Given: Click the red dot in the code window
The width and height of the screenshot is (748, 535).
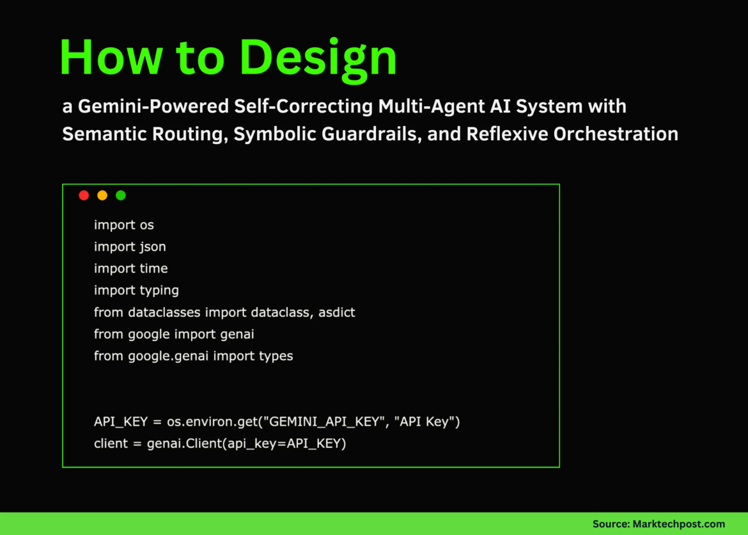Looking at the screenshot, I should pyautogui.click(x=84, y=195).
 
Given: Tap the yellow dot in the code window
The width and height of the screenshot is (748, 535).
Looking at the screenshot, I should pyautogui.click(x=102, y=195).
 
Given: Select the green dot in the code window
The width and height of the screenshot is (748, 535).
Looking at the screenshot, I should pyautogui.click(x=121, y=195).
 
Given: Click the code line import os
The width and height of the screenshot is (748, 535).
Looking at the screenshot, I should pyautogui.click(x=124, y=225).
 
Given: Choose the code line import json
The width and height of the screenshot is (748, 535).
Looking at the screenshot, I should pyautogui.click(x=130, y=246).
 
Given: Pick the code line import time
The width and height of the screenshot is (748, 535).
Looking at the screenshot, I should pyautogui.click(x=130, y=268).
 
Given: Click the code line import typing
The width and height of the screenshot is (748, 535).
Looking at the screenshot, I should pyautogui.click(x=136, y=290).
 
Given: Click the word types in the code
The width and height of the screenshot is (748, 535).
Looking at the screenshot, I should pyautogui.click(x=276, y=356).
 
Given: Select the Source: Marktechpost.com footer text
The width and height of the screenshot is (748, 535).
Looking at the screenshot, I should pyautogui.click(x=659, y=523).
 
